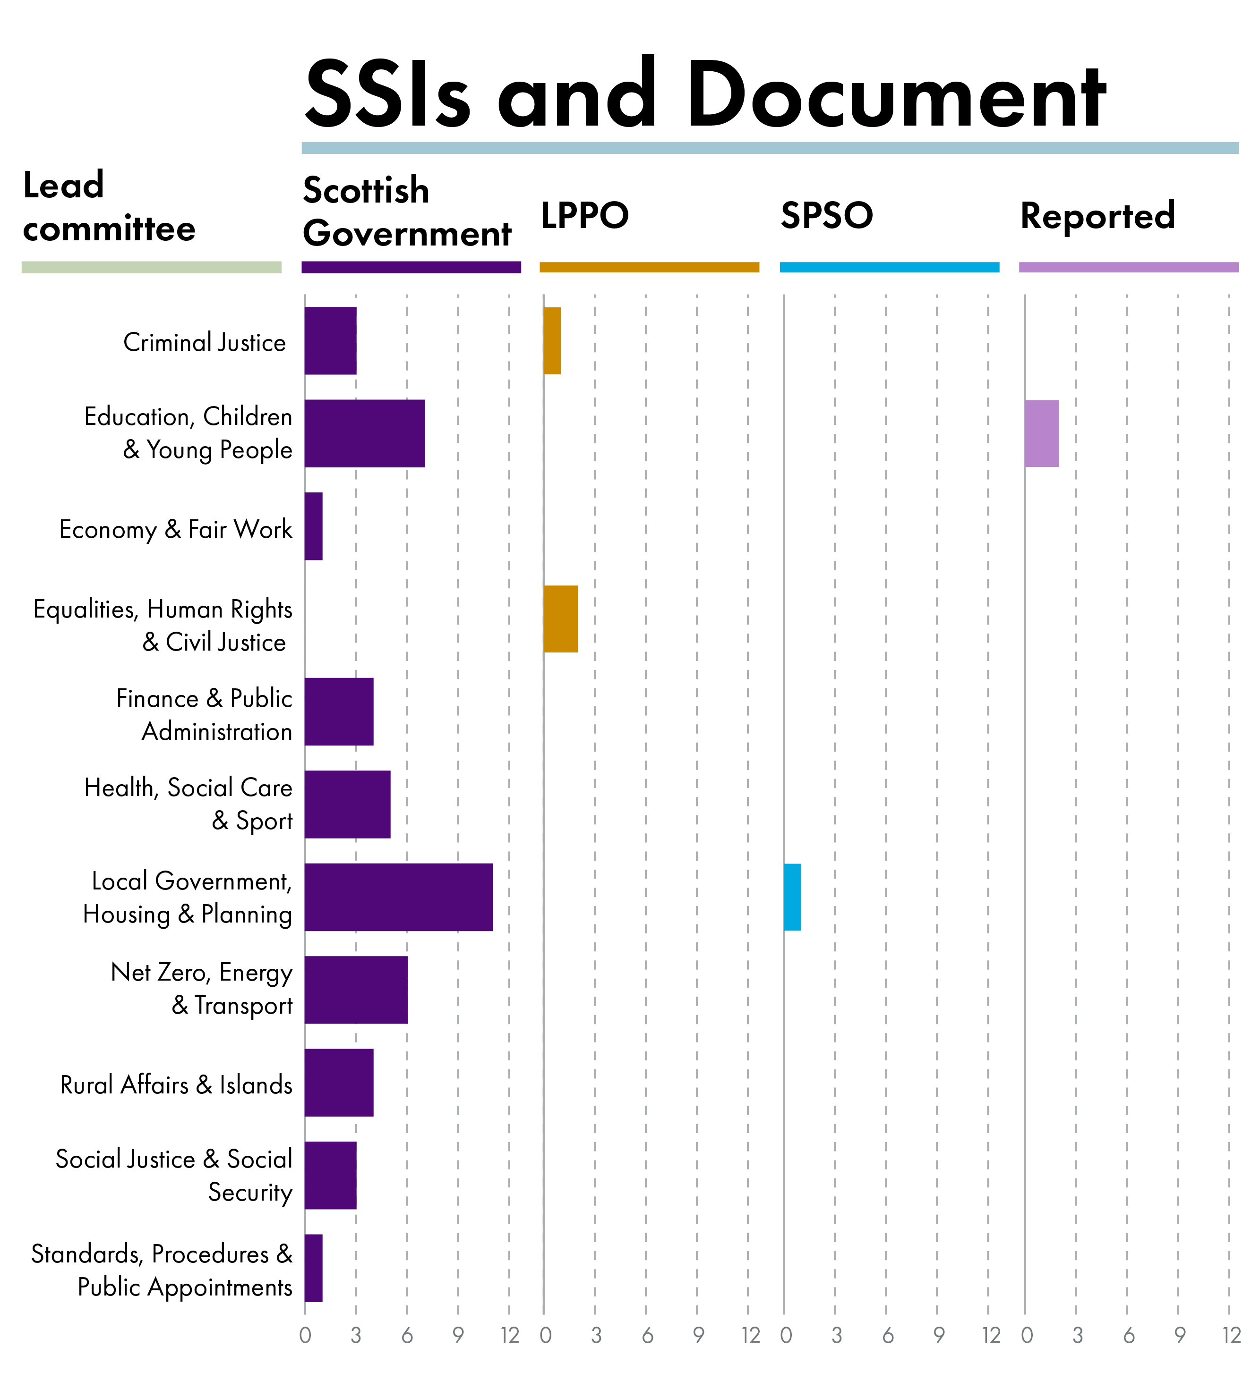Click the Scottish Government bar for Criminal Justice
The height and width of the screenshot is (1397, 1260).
(x=330, y=340)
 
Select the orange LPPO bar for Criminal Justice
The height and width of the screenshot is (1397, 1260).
(x=552, y=340)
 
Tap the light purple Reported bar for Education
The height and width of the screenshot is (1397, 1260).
(x=1041, y=433)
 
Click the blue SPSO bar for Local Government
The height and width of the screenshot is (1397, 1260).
(x=792, y=897)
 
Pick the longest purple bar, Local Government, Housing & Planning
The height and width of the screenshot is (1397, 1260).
(x=398, y=897)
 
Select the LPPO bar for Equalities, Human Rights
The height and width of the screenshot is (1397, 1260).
(x=560, y=618)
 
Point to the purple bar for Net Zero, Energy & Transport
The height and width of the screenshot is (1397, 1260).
(x=356, y=990)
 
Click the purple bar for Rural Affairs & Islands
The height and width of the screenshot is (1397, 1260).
(x=339, y=1082)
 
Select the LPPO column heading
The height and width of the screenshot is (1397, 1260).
(x=584, y=215)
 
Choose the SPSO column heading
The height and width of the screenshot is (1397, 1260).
(x=827, y=215)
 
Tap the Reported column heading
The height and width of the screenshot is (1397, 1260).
(x=1097, y=215)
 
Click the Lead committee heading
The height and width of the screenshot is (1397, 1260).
(x=109, y=206)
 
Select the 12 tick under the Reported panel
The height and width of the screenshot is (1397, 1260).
(x=1231, y=1336)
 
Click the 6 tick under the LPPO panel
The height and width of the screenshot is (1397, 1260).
(x=647, y=1336)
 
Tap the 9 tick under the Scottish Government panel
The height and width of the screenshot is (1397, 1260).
(x=458, y=1336)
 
